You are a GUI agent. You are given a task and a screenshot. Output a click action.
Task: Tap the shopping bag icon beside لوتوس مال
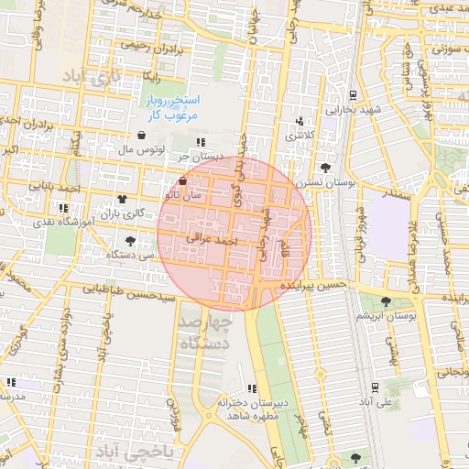pos(139,135)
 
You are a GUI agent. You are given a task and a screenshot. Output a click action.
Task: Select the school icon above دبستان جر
pos(200,142)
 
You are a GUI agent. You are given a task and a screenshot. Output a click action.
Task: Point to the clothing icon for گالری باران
pos(122,199)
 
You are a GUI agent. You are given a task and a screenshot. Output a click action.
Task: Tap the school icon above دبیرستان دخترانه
pos(253,389)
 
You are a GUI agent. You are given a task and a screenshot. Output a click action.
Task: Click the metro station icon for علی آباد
pos(376,387)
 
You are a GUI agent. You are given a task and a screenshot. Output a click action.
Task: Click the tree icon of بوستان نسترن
pos(326,168)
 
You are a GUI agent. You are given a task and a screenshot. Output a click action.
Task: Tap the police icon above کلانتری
pos(300,122)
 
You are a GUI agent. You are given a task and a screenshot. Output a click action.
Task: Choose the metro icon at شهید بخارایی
pos(354,94)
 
